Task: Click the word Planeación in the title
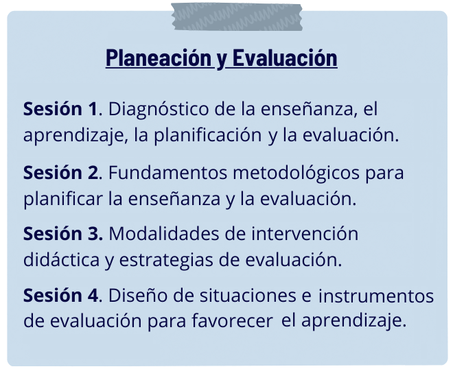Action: (159, 58)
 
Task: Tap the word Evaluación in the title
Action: (285, 58)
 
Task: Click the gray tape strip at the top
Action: (237, 16)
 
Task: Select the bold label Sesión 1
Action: (60, 109)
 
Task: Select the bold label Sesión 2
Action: (61, 173)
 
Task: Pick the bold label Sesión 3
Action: (62, 233)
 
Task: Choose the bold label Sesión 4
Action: (61, 296)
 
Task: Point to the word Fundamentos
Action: (168, 173)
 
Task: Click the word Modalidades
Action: (164, 233)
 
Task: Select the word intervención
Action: (305, 233)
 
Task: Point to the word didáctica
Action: (61, 259)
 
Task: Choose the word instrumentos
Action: (376, 296)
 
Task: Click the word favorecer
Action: (232, 320)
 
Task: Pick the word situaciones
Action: (248, 296)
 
